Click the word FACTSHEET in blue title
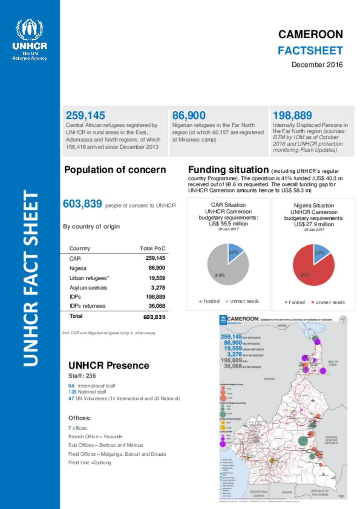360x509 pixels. [x=310, y=51]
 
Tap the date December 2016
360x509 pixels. [x=317, y=65]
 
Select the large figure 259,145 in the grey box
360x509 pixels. [x=85, y=115]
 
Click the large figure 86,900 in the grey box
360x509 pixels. [x=189, y=115]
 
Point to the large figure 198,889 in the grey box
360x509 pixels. [x=292, y=115]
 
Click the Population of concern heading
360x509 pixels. [x=115, y=170]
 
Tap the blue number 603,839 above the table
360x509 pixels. [x=82, y=204]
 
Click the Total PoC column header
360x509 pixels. [x=152, y=248]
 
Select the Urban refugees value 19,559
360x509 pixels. [x=157, y=278]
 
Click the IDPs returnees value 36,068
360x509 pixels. [x=157, y=306]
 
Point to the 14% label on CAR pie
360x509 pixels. [x=233, y=252]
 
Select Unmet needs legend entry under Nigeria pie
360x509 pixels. [x=329, y=302]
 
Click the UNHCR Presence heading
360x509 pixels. [x=109, y=365]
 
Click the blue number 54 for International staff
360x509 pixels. [x=71, y=386]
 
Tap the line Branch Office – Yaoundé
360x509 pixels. [x=95, y=437]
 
